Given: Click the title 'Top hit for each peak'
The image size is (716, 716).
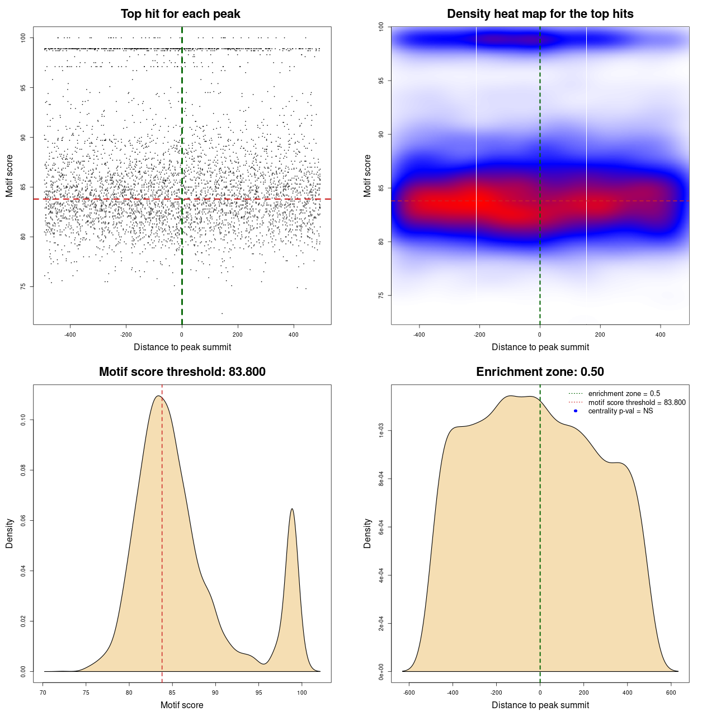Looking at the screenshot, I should coord(181,14).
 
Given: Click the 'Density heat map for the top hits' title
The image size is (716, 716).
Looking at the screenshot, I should coord(540,14).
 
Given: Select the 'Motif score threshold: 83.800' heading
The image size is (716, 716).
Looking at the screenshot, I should coord(182,372).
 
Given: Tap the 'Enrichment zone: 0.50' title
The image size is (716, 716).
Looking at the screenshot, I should coord(540,372).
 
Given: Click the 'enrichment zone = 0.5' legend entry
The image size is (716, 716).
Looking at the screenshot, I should coord(624,394).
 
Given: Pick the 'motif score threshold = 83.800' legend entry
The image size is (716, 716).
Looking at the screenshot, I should coord(637,403).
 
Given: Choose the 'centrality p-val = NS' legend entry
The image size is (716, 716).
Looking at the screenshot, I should coord(620,411).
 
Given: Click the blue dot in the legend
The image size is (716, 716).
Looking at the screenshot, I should coord(576,411).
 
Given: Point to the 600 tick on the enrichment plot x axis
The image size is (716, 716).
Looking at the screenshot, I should coord(671,693).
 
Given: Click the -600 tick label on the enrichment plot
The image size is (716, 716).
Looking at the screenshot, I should coord(409,693).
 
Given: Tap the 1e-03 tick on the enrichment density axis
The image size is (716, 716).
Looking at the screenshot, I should coord(381,431).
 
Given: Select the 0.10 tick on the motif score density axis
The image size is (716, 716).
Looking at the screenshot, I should coord(23,420).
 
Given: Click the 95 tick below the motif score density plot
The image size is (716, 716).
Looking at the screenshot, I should coord(258,693).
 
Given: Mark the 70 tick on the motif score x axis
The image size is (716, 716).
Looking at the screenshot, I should coord(43,693).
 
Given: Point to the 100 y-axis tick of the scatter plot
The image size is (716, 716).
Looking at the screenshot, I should coord(23,37).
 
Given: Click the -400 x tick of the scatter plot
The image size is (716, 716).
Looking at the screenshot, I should coord(70,335).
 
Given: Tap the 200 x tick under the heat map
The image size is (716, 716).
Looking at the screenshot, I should coord(600,335).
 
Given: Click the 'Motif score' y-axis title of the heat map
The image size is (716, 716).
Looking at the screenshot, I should coord(368,176).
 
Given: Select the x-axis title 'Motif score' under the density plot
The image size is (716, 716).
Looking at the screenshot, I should coord(182,705).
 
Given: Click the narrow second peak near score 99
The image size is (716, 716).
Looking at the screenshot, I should coord(292,510).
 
